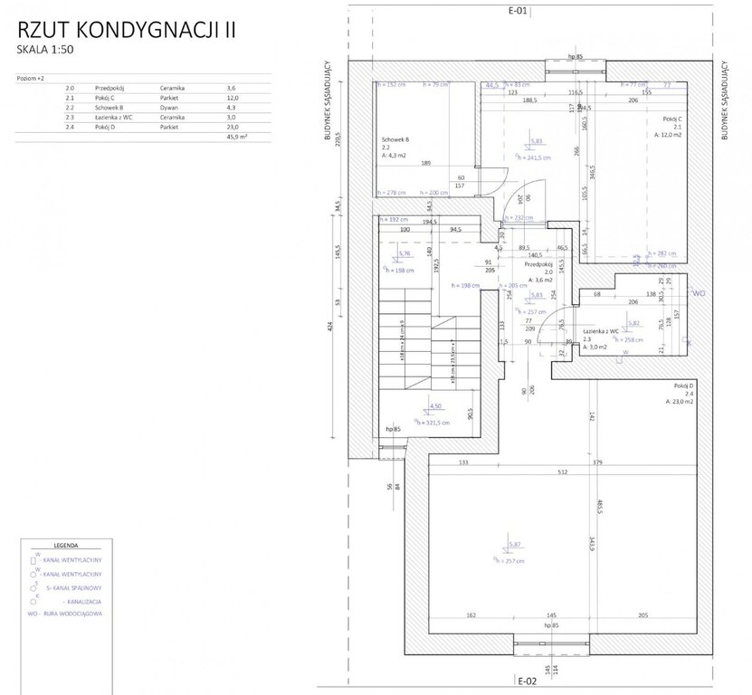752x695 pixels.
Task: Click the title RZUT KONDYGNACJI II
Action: (x=126, y=29)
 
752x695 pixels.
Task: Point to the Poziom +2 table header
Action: (x=31, y=79)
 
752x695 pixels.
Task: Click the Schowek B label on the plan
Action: (x=396, y=139)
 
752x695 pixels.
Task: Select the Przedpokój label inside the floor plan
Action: (x=538, y=266)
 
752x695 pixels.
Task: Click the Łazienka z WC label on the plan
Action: (x=602, y=331)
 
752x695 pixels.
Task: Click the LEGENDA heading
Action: (x=65, y=547)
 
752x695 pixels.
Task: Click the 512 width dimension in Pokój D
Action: (x=562, y=471)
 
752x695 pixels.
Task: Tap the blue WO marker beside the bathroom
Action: (x=698, y=293)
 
